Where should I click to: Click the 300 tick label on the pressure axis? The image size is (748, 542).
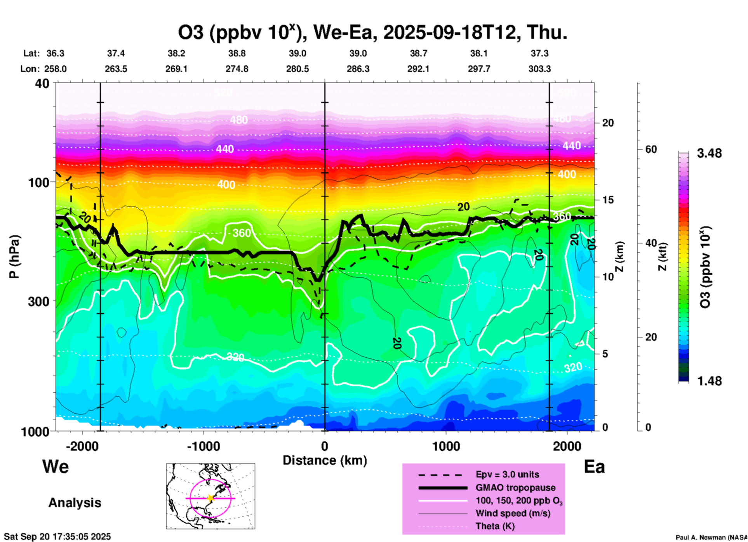pyautogui.click(x=38, y=301)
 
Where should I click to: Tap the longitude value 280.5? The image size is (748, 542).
pyautogui.click(x=297, y=69)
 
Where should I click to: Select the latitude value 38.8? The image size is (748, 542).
pyautogui.click(x=237, y=53)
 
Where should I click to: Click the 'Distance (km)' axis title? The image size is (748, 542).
pyautogui.click(x=325, y=460)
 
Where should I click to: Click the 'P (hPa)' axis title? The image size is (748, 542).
pyautogui.click(x=14, y=257)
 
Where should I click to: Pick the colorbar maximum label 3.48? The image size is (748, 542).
pyautogui.click(x=709, y=154)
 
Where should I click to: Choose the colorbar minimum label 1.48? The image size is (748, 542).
pyautogui.click(x=709, y=381)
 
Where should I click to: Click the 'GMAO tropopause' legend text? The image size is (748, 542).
pyautogui.click(x=515, y=488)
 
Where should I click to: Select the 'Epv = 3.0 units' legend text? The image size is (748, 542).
pyautogui.click(x=507, y=475)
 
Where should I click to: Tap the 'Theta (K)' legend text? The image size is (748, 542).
pyautogui.click(x=495, y=526)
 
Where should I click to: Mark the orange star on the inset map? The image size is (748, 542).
pyautogui.click(x=210, y=498)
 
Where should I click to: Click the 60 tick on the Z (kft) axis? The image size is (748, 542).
pyautogui.click(x=651, y=149)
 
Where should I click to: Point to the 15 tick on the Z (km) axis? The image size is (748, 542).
pyautogui.click(x=608, y=200)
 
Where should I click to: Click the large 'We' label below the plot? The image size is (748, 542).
pyautogui.click(x=56, y=467)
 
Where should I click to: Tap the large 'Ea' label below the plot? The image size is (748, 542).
pyautogui.click(x=594, y=467)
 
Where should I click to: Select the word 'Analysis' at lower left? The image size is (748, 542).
pyautogui.click(x=75, y=503)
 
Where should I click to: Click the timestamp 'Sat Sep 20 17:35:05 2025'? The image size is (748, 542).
pyautogui.click(x=57, y=537)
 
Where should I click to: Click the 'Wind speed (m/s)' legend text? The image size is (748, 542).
pyautogui.click(x=513, y=514)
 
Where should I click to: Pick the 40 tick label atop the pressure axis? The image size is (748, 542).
pyautogui.click(x=43, y=84)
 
